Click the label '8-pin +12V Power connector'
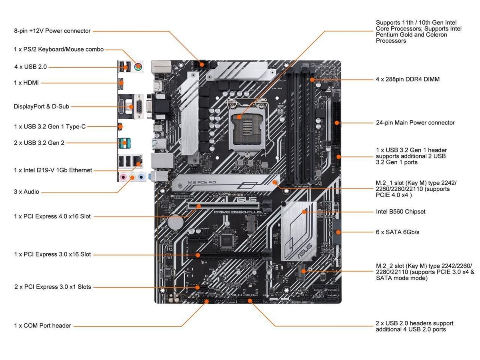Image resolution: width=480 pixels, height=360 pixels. tap(52, 31)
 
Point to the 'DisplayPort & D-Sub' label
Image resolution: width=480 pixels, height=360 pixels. tap(42, 106)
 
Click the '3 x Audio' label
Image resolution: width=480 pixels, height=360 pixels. tap(26, 192)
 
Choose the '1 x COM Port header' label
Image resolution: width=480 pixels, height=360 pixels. tap(42, 326)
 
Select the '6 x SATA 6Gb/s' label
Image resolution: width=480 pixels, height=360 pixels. tap(398, 232)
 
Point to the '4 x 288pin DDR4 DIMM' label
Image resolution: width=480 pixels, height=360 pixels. tap(408, 79)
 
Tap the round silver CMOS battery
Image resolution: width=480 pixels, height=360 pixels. tap(174, 222)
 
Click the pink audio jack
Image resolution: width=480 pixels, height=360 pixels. tap(124, 177)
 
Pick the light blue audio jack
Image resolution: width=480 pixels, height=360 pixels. tap(140, 177)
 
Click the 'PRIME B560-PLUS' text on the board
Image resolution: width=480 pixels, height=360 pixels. tap(237, 212)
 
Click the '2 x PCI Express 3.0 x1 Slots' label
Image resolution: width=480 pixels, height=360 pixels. tap(53, 287)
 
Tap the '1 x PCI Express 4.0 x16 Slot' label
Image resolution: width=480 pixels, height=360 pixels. tap(52, 216)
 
